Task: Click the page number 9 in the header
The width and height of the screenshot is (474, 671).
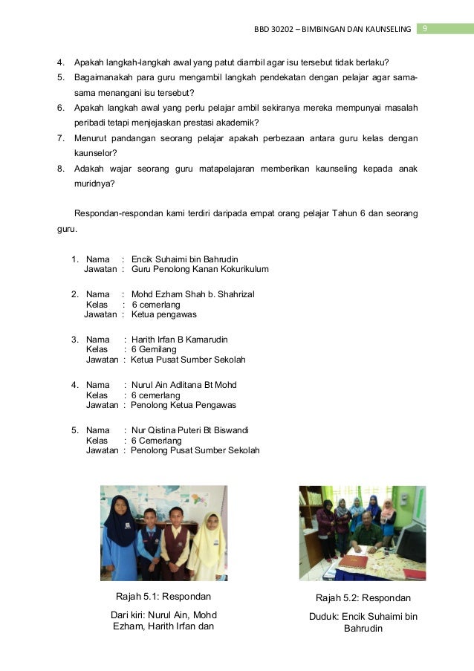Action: tap(424, 29)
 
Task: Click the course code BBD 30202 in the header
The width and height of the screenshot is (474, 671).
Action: tap(273, 29)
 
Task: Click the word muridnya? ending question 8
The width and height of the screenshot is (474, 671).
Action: tap(94, 185)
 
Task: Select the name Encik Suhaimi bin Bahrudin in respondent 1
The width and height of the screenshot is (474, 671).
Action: tap(184, 259)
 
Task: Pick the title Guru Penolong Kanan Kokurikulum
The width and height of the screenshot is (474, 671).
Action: tap(199, 269)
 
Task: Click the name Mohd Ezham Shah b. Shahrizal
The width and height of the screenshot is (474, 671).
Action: tap(192, 294)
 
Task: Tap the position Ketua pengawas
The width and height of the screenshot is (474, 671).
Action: tap(163, 314)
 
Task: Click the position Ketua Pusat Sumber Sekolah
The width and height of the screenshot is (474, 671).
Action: tap(188, 360)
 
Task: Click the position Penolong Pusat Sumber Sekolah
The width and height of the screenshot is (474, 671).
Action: tap(195, 450)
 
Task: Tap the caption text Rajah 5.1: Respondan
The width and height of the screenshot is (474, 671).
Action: tap(163, 596)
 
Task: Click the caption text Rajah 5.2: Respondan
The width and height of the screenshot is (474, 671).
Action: tap(363, 597)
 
